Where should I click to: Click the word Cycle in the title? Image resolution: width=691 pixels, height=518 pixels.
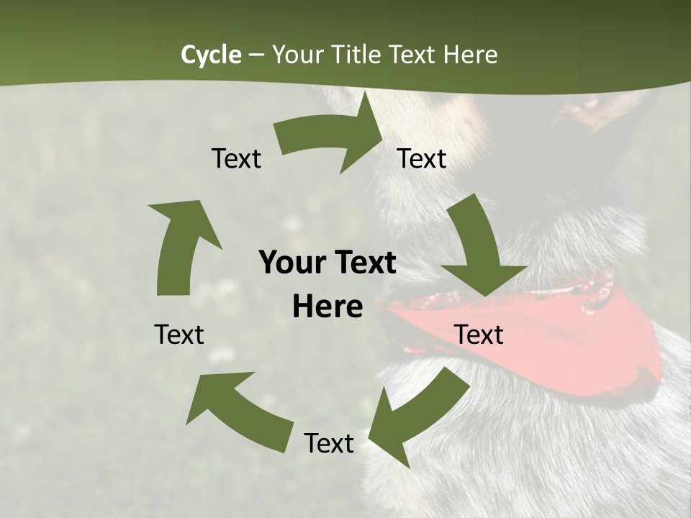(211, 55)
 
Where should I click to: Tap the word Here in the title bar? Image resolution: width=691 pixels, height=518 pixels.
(470, 55)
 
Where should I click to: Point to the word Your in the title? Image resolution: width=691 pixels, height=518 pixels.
(299, 55)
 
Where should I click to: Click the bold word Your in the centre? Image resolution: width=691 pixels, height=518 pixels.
(292, 263)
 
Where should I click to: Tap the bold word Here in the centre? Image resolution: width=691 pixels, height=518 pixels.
(328, 307)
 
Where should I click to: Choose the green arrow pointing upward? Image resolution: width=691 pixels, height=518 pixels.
(180, 245)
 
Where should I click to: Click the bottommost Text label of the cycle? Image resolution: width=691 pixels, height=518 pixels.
(329, 443)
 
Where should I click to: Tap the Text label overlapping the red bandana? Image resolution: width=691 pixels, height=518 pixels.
(479, 335)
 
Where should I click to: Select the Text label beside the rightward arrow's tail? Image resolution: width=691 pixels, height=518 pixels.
(236, 158)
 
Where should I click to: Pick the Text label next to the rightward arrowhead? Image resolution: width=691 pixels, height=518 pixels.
(422, 158)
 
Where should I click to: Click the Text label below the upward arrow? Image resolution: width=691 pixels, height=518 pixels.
(179, 335)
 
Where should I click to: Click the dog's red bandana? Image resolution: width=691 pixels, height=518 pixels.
(576, 338)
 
